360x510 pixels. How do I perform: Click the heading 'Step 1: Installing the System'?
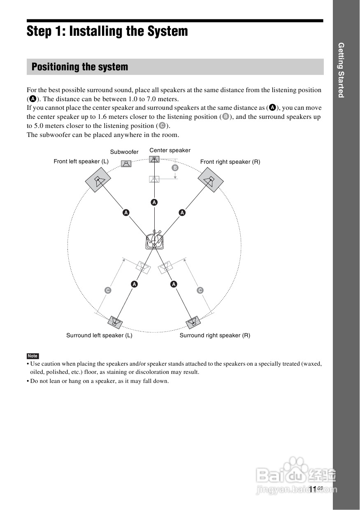click(x=107, y=31)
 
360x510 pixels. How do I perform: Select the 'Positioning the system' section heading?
click(x=80, y=67)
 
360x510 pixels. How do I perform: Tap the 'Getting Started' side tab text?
click(x=341, y=70)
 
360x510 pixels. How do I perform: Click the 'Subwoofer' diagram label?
click(x=124, y=152)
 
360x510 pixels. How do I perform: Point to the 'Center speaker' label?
click(x=170, y=151)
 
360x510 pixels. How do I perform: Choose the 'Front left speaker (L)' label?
click(x=81, y=162)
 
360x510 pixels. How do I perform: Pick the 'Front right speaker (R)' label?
click(x=230, y=162)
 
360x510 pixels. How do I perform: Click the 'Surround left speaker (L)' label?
click(x=99, y=336)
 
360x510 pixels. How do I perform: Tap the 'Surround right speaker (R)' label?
click(x=215, y=336)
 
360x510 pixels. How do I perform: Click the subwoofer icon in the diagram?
click(x=126, y=163)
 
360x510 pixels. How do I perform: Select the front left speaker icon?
click(x=98, y=181)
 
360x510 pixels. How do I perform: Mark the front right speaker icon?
click(x=211, y=180)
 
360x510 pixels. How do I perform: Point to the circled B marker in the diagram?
click(x=175, y=168)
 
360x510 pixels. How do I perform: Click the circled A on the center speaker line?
click(x=154, y=202)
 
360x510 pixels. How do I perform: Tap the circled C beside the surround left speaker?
click(x=108, y=290)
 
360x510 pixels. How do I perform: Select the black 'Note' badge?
click(x=33, y=356)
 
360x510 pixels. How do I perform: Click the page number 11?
click(x=313, y=489)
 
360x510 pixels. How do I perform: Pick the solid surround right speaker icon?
click(x=193, y=322)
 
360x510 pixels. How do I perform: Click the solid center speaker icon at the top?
click(x=154, y=159)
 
